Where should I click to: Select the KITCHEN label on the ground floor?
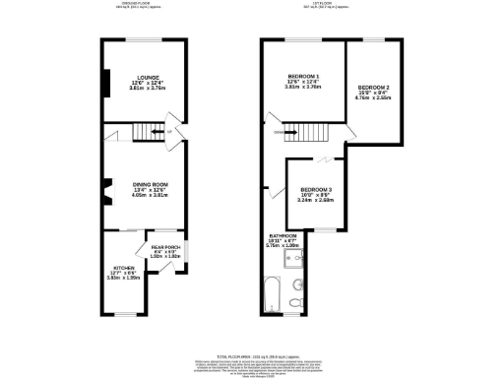coord(125,268)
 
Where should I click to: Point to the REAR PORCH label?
coord(165,246)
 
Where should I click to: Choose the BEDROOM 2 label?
coord(373,89)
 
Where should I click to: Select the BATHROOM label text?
coord(284,236)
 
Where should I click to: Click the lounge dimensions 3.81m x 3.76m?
coord(138,88)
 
